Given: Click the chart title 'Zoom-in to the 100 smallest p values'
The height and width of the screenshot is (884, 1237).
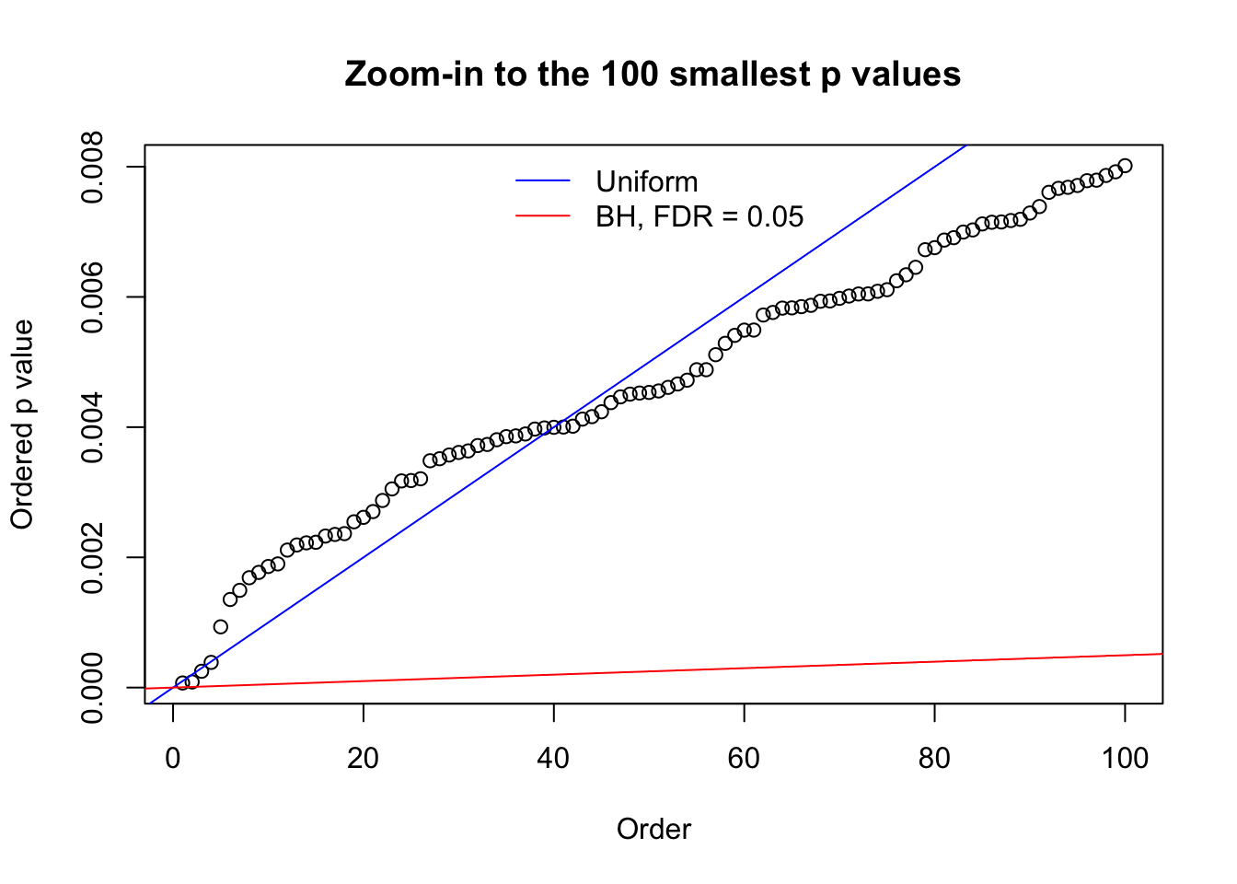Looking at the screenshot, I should (x=653, y=74).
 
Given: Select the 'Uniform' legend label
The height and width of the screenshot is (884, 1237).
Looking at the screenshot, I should (x=646, y=181).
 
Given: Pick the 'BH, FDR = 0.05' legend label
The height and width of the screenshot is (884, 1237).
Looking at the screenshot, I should (x=699, y=216).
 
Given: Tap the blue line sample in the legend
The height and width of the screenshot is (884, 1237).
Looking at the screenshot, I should (x=543, y=181).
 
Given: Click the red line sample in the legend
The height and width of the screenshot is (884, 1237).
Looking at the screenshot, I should (x=543, y=216).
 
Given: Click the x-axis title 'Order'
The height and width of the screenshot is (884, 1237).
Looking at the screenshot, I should (x=653, y=829).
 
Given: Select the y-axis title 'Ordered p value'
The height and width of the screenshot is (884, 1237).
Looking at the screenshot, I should (x=22, y=425).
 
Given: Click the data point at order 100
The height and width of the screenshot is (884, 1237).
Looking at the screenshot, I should (x=1125, y=166).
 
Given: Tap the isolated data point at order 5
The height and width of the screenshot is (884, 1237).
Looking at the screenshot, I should (x=221, y=627).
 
